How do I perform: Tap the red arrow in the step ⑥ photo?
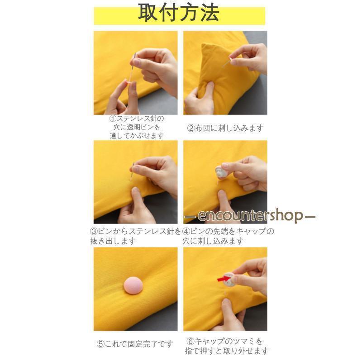click(x=224, y=278)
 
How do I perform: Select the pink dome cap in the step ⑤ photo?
click(x=133, y=285)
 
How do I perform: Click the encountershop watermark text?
click(x=250, y=215)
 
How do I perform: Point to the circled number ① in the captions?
click(x=113, y=119)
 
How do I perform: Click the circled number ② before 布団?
click(x=191, y=128)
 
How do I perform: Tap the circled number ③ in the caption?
click(x=94, y=231)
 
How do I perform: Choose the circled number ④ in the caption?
click(x=186, y=231)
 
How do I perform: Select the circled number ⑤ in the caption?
click(x=100, y=344)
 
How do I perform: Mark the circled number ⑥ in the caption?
click(x=190, y=341)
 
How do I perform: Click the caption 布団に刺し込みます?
click(x=229, y=128)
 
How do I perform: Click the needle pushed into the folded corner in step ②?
click(x=227, y=62)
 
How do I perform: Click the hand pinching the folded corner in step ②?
click(x=200, y=99)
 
